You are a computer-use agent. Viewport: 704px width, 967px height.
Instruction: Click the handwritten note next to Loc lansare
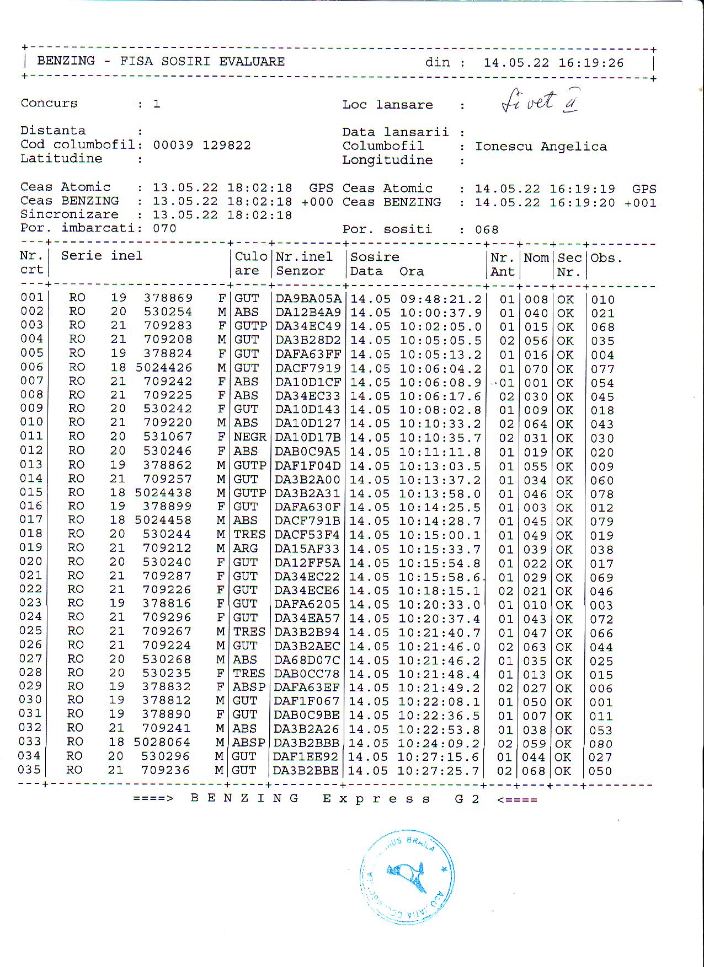pos(540,101)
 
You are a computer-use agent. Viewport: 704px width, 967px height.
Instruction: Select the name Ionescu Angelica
pos(541,147)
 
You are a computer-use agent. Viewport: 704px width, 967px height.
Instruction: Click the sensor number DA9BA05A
pos(308,299)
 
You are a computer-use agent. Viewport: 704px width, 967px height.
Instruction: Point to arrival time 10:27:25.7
pos(440,771)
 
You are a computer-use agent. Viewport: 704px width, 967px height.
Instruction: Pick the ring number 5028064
pos(162,743)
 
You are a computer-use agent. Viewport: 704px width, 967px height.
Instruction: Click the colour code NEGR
pos(250,437)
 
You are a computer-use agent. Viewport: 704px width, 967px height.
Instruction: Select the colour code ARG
pos(246,549)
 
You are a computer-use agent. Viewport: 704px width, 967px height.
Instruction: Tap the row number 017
pos(31,520)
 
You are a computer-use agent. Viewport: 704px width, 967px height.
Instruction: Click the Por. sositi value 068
pos(487,229)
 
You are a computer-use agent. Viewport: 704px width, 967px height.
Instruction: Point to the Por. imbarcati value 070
pos(164,228)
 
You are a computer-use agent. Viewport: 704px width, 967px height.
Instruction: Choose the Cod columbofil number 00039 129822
pos(201,146)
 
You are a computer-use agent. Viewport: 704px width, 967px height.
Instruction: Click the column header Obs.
pos(606,258)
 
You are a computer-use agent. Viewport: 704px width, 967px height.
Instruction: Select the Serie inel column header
pos(102,256)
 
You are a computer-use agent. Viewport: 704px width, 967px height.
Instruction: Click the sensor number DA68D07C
pos(307,660)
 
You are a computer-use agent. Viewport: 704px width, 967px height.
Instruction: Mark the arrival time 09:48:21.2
pos(440,299)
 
